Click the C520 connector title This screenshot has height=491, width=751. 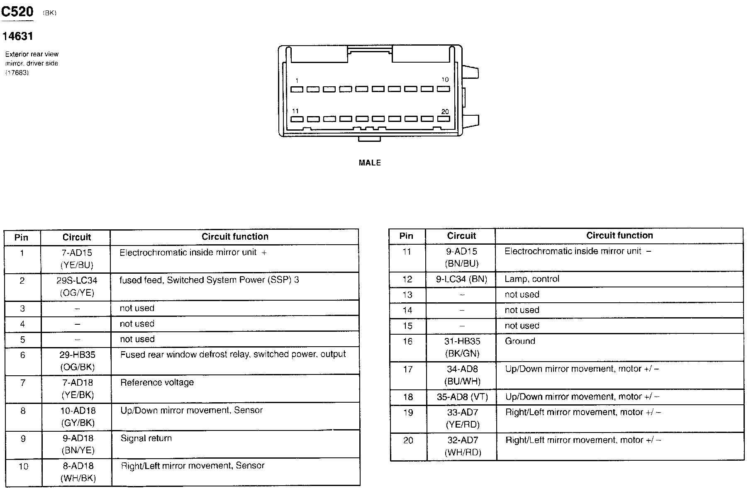point(17,12)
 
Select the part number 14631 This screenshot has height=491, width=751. point(17,36)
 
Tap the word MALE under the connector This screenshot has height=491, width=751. point(370,163)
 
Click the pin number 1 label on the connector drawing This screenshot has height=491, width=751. point(297,80)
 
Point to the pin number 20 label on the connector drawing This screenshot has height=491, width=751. point(445,112)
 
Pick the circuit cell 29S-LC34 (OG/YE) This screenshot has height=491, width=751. point(76,287)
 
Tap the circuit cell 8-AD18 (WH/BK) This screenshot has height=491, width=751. point(78,472)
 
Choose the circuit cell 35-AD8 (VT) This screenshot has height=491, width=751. point(462,397)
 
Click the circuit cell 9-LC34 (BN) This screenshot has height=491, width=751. point(461,279)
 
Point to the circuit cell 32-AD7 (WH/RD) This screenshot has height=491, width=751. point(463,446)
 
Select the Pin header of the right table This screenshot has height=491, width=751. point(406,236)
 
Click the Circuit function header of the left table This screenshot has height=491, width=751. point(235,237)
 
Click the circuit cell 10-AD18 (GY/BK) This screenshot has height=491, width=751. point(78,417)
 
